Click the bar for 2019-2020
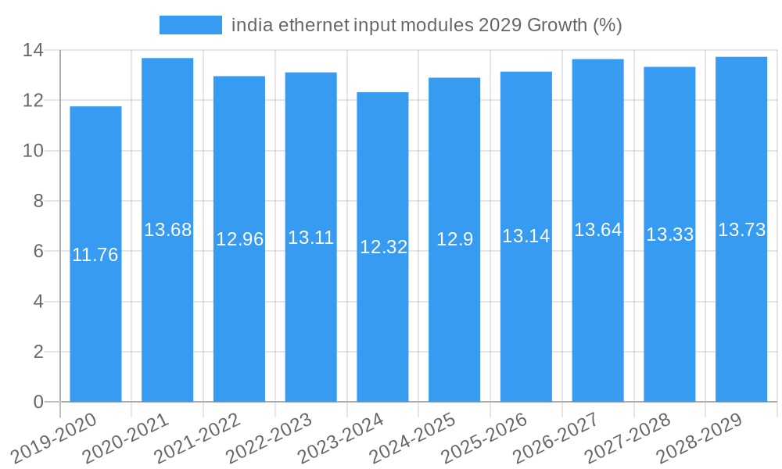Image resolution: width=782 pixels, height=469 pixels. (x=95, y=254)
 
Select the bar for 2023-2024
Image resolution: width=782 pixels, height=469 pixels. (x=382, y=247)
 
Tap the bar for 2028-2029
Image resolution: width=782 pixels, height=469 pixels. (x=741, y=230)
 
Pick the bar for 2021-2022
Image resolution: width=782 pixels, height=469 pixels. (x=239, y=239)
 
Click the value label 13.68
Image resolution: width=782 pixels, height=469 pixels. (x=167, y=230)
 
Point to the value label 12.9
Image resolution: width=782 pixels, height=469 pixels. (x=454, y=239)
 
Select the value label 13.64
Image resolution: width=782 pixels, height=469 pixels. (x=597, y=230)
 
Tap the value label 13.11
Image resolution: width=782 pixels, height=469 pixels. (x=310, y=238)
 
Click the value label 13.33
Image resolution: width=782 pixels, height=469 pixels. (x=669, y=234)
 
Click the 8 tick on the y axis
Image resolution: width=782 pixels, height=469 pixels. (x=38, y=201)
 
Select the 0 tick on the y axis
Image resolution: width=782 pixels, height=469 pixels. (x=38, y=402)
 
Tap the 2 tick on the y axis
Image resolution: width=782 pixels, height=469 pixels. (x=38, y=352)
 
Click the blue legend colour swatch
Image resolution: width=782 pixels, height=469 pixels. (x=191, y=25)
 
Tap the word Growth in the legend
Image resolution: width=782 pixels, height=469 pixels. (x=558, y=25)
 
